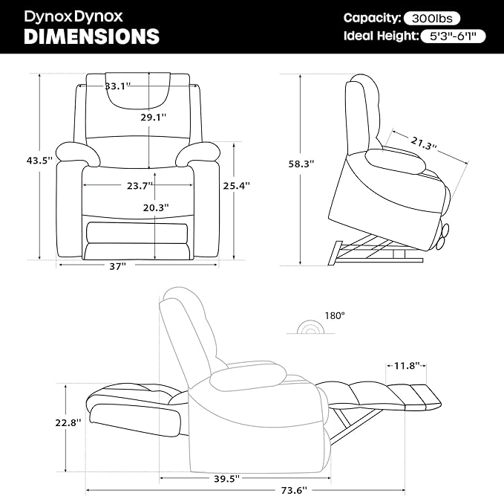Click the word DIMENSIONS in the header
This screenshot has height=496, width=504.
[91, 36]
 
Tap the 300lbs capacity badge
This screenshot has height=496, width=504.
[432, 19]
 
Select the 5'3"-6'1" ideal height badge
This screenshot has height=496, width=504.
[453, 36]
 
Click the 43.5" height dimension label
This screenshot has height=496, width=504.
[39, 160]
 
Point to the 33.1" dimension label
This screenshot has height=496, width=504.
[117, 86]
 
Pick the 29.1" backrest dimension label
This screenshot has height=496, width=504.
[154, 117]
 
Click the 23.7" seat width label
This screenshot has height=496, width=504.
[140, 185]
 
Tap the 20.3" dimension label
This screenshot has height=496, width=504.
[156, 207]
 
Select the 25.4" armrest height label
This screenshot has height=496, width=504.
[237, 185]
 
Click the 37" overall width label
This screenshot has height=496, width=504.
[117, 266]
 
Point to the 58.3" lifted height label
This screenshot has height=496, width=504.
[301, 164]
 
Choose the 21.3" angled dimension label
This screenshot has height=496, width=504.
[424, 144]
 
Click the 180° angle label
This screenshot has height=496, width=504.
[335, 315]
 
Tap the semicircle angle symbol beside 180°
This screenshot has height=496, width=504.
[310, 326]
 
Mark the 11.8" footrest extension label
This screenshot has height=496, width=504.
[407, 366]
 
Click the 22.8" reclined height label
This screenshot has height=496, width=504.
[68, 422]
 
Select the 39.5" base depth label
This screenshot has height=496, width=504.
[227, 479]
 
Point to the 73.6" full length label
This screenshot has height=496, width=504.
[294, 490]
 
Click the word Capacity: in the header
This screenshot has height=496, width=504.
[372, 18]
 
